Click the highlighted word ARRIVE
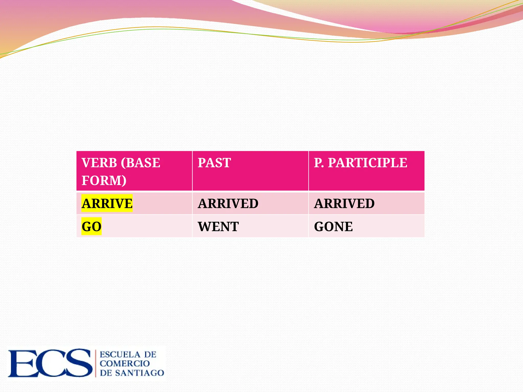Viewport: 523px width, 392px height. [107, 203]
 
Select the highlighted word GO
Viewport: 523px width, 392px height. [91, 226]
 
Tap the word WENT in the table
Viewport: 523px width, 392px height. [218, 226]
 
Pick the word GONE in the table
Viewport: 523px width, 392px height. [333, 226]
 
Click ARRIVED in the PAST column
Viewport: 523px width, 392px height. [228, 203]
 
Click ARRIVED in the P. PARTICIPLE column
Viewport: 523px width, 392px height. [344, 203]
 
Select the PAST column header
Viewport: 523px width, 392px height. [214, 163]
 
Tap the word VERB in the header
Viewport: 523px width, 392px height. [99, 163]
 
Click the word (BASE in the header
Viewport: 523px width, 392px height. [140, 163]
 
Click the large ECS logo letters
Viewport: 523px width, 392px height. [50, 363]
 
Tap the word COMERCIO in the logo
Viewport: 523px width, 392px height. [125, 363]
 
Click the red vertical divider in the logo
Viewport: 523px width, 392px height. [96, 363]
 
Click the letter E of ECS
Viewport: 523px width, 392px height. [22, 363]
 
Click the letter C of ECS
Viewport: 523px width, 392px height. [51, 363]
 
